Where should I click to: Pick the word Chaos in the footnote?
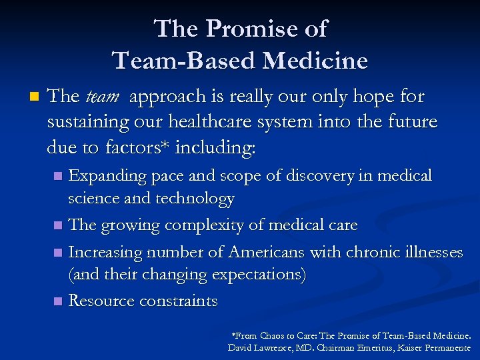(275, 336)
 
